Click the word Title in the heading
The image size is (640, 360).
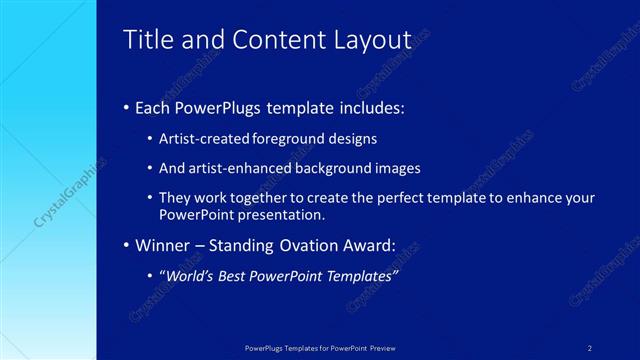[x=144, y=40]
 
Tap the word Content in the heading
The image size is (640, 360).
[x=264, y=40]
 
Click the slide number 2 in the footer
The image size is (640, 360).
[x=590, y=348]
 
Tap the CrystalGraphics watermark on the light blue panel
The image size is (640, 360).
[x=48, y=191]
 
